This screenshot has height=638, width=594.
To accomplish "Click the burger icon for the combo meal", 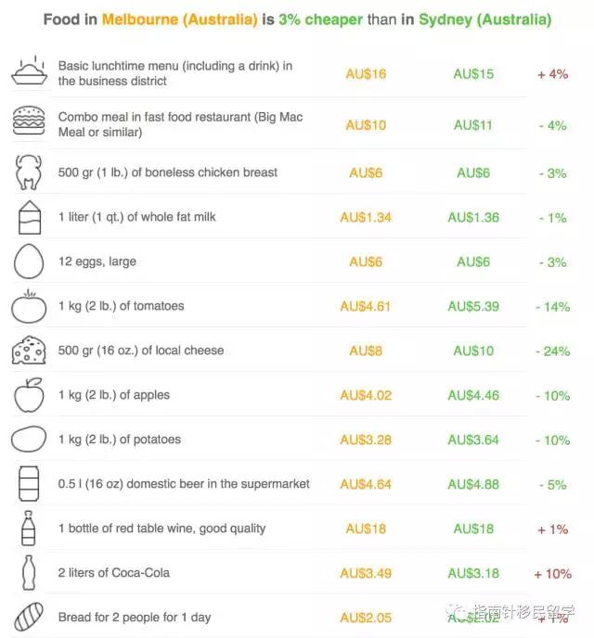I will tap(28, 121).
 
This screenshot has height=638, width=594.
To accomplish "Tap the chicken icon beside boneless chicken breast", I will tap(28, 172).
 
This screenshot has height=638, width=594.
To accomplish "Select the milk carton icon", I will tap(28, 218).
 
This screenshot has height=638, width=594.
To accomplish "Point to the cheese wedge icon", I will tap(28, 351).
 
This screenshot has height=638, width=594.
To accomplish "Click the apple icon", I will tap(28, 395).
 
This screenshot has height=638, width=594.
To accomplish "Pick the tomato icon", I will tap(28, 306).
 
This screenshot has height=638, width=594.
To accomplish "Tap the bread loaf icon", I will tap(28, 617).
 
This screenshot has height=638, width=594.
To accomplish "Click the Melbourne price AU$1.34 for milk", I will tap(366, 217).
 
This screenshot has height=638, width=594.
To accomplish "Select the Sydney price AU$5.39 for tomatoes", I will tap(473, 306).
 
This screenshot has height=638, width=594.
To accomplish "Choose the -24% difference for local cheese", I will tap(552, 351).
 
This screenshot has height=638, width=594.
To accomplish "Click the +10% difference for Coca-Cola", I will tap(552, 574).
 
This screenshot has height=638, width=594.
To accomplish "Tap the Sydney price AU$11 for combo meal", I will tap(473, 125).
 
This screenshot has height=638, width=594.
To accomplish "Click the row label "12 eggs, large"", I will tap(97, 262).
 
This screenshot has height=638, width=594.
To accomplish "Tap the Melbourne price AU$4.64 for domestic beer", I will tap(366, 484).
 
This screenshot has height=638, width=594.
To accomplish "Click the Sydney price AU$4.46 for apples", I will tap(473, 395).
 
